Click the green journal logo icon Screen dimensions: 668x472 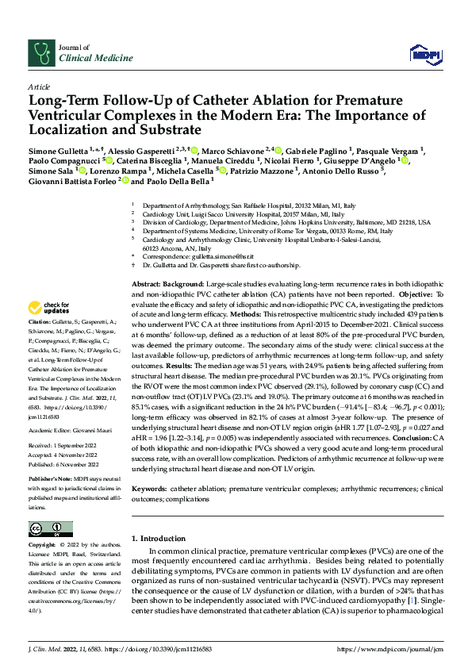pos(40,52)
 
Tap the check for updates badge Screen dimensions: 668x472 pos(50,308)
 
